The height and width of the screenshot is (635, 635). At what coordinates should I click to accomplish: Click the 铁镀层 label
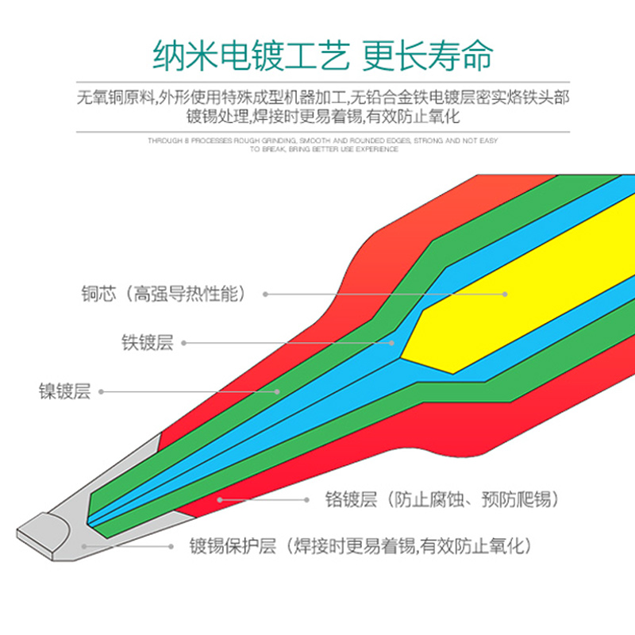pos(147,343)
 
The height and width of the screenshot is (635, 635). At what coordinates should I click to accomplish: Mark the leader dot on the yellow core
pos(505,294)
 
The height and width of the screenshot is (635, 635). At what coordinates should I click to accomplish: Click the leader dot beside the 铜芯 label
pos(265,294)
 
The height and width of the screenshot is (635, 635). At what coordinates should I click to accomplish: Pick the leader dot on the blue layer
pos(392,343)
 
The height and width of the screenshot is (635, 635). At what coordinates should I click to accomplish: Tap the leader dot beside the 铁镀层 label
pos(183,343)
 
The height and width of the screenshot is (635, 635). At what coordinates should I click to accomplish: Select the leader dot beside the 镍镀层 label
pos(101,391)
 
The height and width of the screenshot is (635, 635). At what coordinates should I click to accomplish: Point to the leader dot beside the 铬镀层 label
pos(307,500)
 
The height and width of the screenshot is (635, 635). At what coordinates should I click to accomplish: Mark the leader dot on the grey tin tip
pos(83,546)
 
